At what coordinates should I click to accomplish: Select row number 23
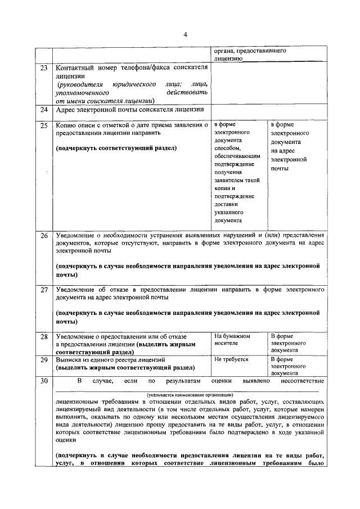[43, 68]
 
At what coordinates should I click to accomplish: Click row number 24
[43, 110]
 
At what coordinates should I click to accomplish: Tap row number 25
[43, 125]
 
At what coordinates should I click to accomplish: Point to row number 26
[43, 235]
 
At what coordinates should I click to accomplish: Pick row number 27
[43, 290]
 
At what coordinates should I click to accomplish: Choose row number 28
[43, 336]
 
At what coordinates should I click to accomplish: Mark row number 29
[43, 359]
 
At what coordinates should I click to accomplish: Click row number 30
[43, 381]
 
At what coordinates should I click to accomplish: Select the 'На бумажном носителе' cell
[232, 339]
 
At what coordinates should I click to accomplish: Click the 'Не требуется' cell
[231, 358]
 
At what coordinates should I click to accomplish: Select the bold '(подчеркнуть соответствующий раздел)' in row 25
[116, 148]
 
